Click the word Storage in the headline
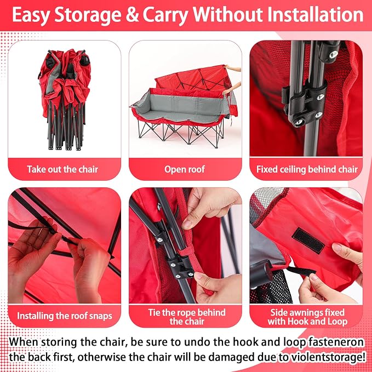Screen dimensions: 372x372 [88, 15]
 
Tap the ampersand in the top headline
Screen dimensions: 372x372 [133, 15]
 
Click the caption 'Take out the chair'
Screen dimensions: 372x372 [62, 169]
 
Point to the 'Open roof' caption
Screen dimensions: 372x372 [185, 169]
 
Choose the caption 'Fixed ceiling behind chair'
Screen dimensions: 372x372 [307, 169]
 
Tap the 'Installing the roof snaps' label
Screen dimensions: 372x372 [65, 316]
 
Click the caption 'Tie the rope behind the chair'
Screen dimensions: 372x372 [187, 317]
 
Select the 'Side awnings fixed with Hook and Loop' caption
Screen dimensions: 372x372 [307, 317]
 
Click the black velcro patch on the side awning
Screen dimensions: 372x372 [308, 241]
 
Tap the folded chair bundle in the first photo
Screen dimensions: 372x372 [65, 99]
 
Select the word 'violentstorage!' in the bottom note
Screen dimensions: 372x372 [321, 357]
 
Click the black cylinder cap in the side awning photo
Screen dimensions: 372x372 [261, 274]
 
